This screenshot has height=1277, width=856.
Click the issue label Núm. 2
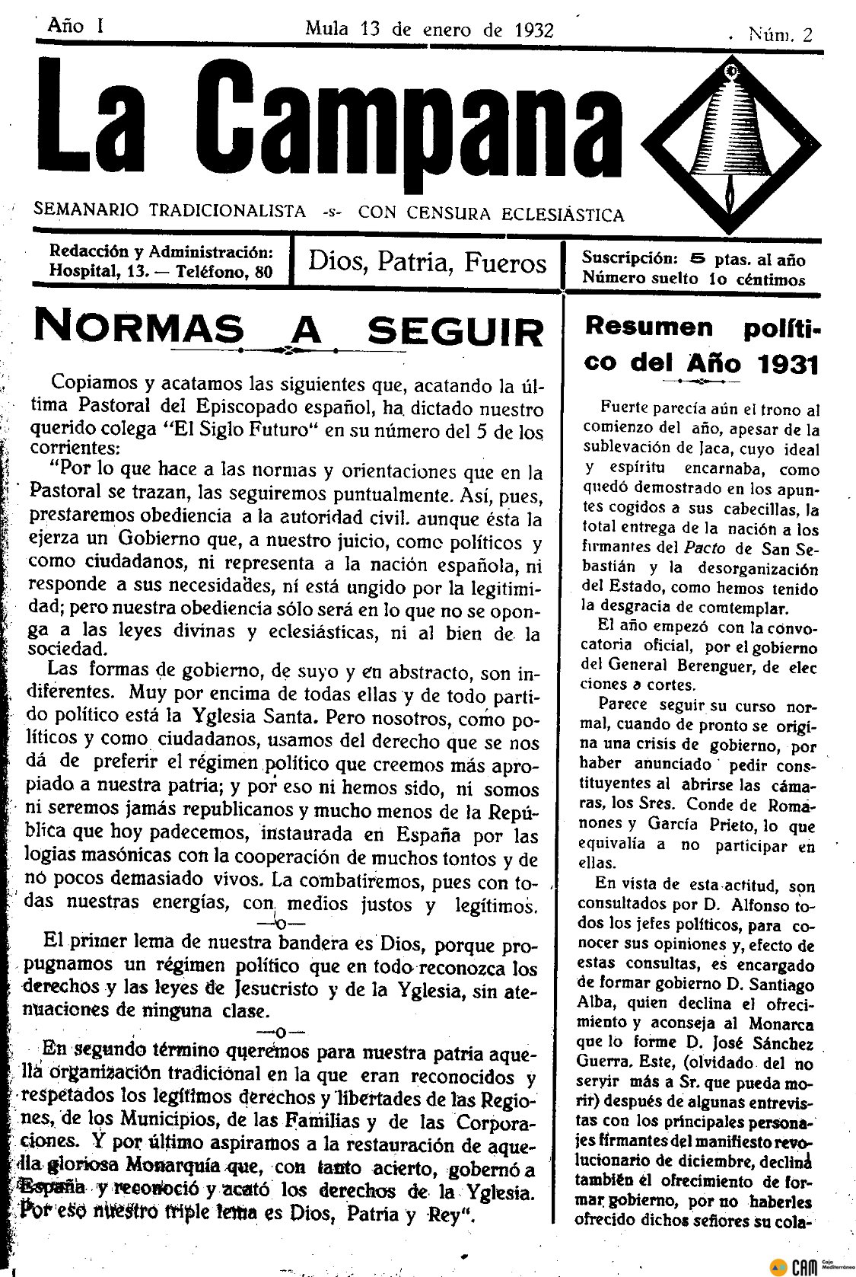click(x=780, y=34)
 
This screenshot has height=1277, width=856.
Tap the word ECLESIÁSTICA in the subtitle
click(x=562, y=214)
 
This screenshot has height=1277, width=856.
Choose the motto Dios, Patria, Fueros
click(x=427, y=263)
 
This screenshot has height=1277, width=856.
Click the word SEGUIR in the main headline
click(x=456, y=331)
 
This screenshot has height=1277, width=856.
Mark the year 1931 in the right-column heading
click(x=788, y=363)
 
